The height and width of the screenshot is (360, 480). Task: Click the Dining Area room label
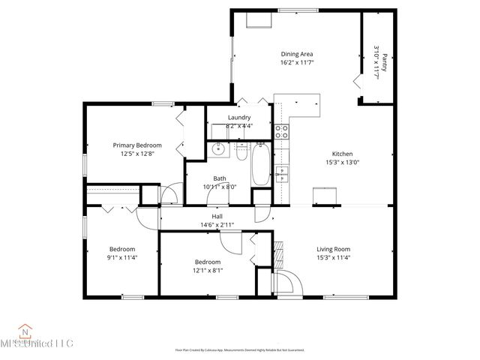point(297,54)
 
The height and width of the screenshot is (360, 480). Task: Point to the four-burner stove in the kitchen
point(282,132)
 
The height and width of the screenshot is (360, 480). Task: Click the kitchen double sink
point(282,175)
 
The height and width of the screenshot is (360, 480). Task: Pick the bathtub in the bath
point(259,164)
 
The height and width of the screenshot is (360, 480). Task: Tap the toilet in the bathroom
point(241,153)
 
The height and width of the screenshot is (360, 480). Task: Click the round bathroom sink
point(218,149)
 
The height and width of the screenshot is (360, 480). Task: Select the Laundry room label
point(239,118)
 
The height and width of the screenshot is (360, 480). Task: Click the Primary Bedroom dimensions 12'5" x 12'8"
point(137,154)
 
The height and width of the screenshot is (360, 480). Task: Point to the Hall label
point(217,216)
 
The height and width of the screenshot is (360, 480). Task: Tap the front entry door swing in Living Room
point(287,283)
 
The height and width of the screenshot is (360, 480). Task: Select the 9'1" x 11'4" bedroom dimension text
point(122,257)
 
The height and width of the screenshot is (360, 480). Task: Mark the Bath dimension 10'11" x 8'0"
point(220,187)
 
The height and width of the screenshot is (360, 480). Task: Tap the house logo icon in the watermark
point(25,330)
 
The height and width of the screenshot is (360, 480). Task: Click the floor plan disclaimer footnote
point(239,349)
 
